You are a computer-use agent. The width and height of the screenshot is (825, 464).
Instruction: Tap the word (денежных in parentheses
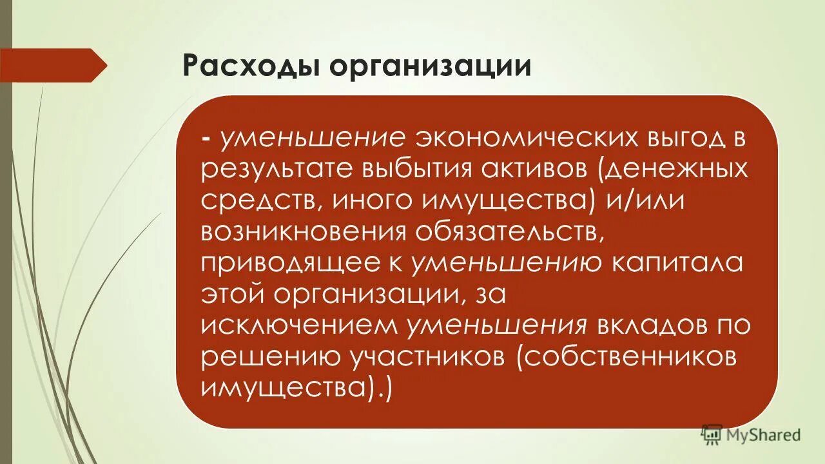click(674, 170)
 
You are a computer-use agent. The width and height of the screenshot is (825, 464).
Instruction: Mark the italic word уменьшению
click(507, 263)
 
